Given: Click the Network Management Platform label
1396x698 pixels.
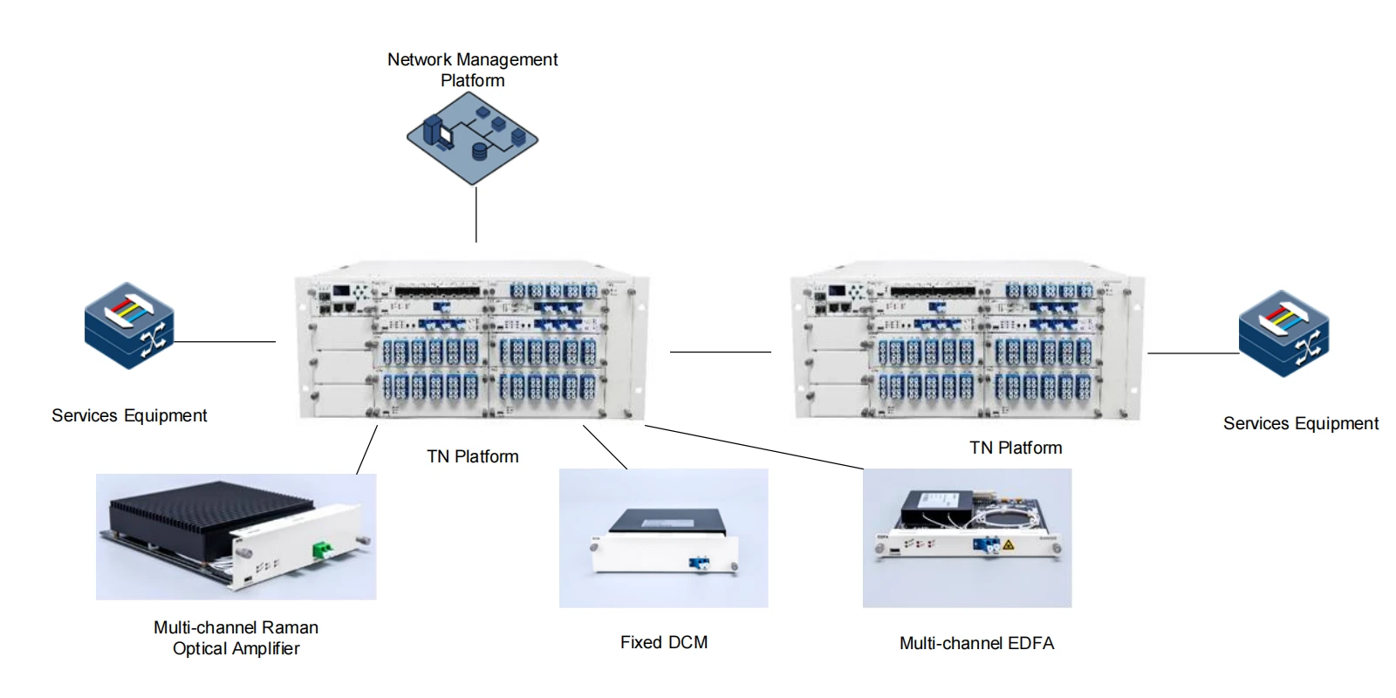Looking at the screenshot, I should (x=472, y=70).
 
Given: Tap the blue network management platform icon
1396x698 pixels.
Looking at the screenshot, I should (x=472, y=138).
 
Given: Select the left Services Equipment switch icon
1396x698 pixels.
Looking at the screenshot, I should (x=129, y=325).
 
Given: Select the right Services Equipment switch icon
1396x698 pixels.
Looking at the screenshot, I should (x=1283, y=333).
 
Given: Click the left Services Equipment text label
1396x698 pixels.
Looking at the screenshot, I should (x=129, y=415).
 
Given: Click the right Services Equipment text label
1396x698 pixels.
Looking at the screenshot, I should (x=1300, y=423).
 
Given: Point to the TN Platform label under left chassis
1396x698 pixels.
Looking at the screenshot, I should (x=472, y=456).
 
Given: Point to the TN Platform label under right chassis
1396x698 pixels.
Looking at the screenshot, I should (x=1016, y=448).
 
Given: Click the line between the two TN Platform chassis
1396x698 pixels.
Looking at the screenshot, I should (x=720, y=352).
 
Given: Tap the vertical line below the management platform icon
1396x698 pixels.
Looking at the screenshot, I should (x=476, y=214).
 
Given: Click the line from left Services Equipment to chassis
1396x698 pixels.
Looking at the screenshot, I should (x=225, y=342).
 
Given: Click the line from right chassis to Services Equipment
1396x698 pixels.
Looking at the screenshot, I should (x=1192, y=353).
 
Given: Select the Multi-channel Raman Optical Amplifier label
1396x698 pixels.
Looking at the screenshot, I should (x=236, y=638).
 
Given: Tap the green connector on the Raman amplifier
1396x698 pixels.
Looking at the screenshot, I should (x=322, y=549).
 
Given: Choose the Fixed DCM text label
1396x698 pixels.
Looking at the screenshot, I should (x=663, y=642).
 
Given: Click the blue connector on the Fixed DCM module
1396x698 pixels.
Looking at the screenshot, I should (x=698, y=563).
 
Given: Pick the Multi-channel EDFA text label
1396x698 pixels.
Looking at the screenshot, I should (x=976, y=643).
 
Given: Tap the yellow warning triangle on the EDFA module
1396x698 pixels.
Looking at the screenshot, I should (x=1009, y=544).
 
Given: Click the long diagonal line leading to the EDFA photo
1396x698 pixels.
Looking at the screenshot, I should (x=755, y=447).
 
